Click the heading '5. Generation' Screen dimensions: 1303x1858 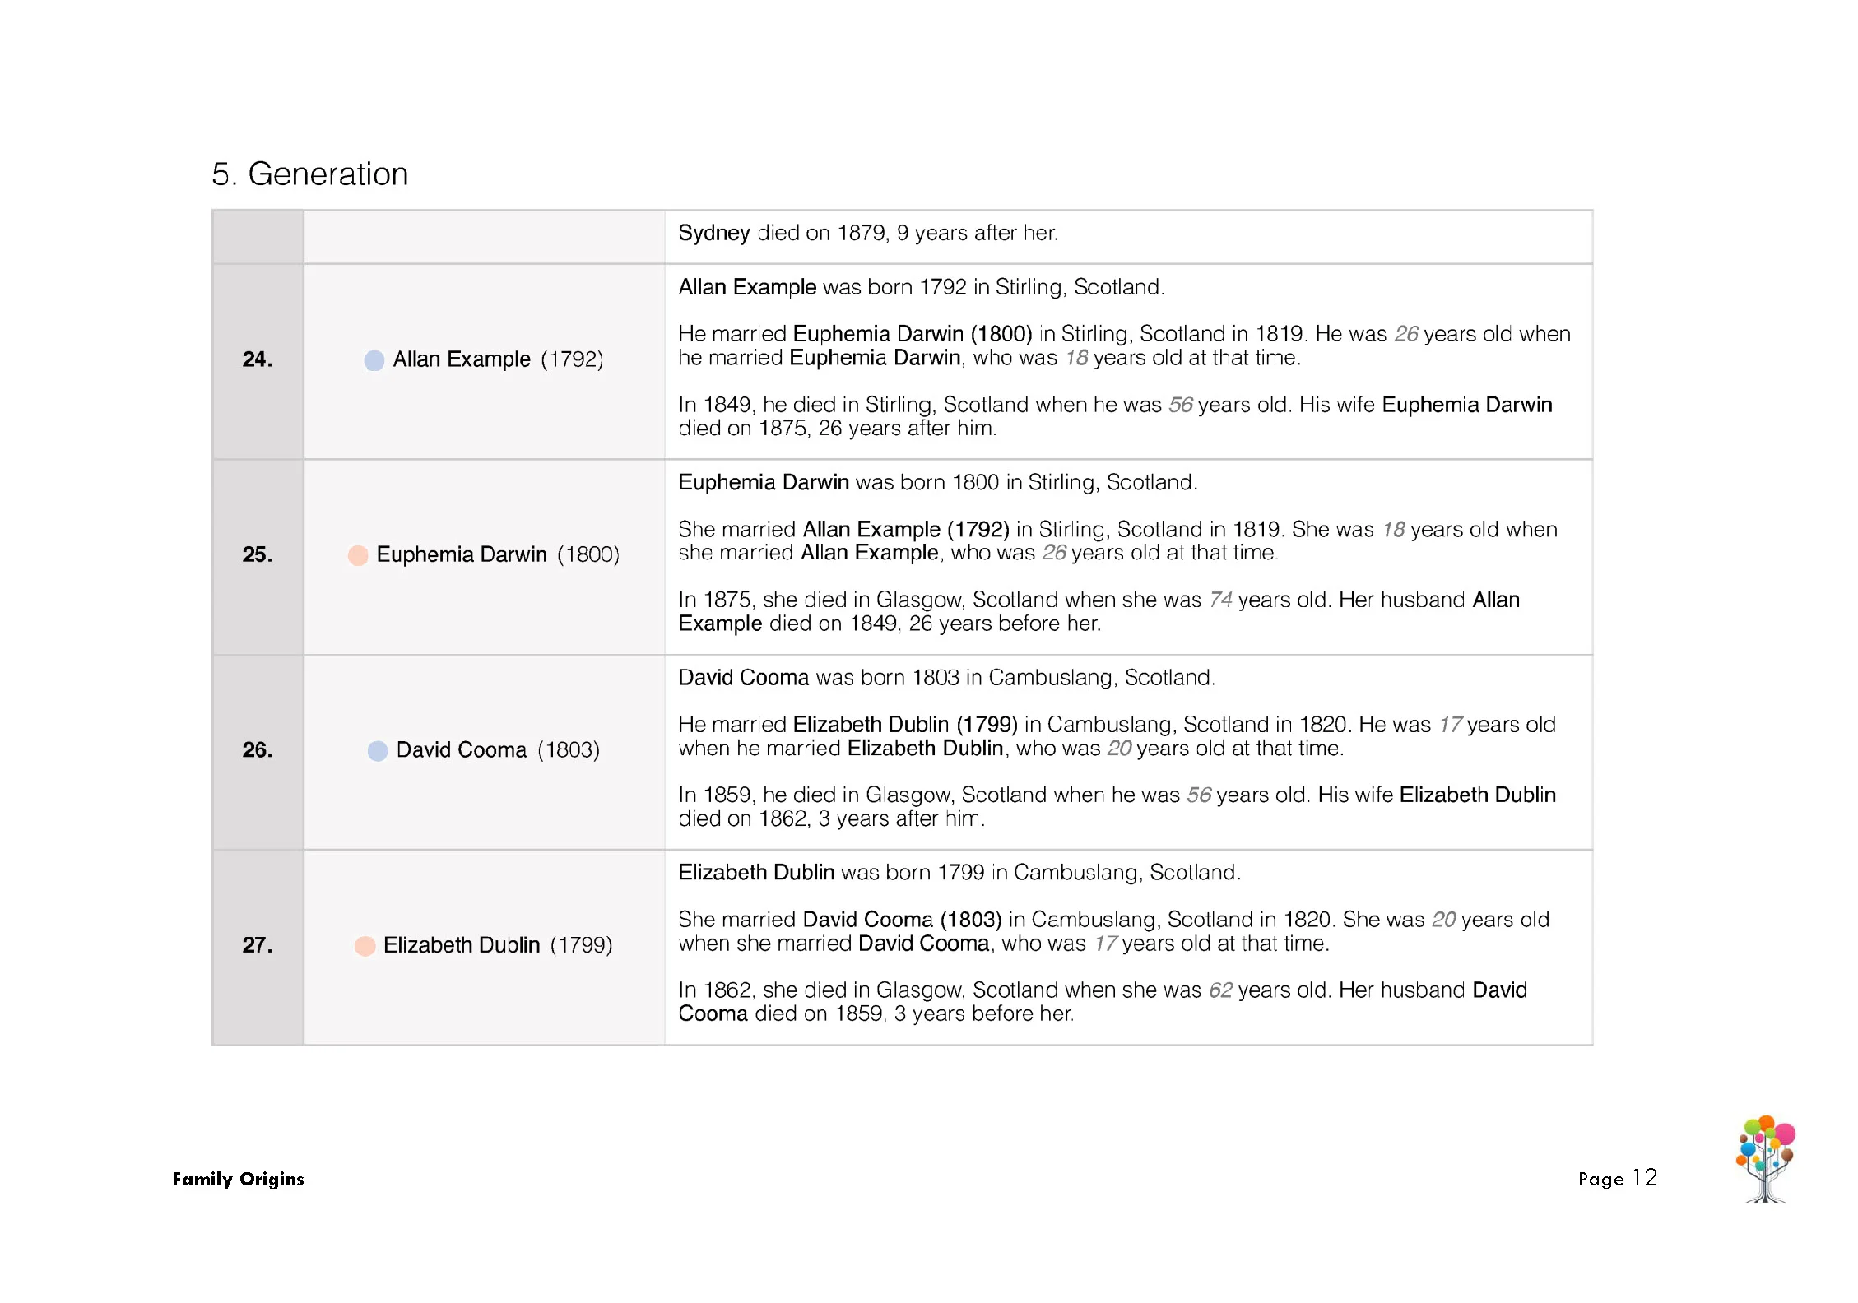pos(309,174)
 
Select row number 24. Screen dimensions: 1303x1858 pos(257,359)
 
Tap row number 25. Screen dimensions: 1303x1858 pos(257,554)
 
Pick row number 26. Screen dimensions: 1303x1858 pos(257,749)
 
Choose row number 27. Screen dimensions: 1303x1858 pos(257,945)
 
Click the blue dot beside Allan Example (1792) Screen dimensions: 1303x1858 pos(374,360)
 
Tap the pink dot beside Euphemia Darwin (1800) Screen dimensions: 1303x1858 pos(358,555)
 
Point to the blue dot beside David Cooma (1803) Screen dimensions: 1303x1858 pos(377,750)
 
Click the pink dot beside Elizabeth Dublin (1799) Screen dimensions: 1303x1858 pos(365,946)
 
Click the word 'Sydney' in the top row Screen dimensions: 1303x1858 pos(713,234)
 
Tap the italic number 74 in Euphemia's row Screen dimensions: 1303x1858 pos(1220,600)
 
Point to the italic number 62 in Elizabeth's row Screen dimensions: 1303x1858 pos(1220,990)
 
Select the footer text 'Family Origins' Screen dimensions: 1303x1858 pos(238,1179)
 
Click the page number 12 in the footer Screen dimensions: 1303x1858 pos(1644,1178)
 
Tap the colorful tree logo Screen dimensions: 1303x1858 pos(1765,1158)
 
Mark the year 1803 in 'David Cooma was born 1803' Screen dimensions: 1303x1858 pos(936,678)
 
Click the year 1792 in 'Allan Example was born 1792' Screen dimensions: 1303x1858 pos(943,287)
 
